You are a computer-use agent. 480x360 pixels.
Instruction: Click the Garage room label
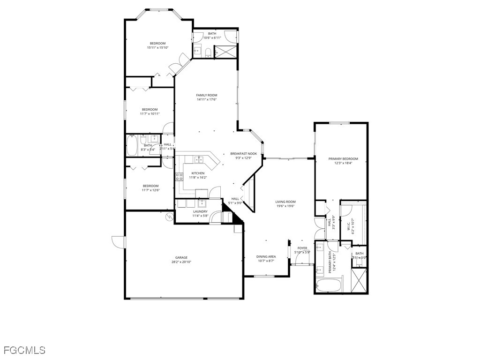click(x=181, y=257)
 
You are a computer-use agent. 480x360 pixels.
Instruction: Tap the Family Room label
click(x=207, y=95)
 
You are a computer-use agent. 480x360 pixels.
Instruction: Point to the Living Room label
click(x=285, y=202)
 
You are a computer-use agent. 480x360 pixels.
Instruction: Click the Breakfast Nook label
click(x=244, y=154)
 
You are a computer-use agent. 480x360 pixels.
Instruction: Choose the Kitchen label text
click(x=198, y=173)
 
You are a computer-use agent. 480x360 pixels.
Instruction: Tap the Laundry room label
click(x=200, y=211)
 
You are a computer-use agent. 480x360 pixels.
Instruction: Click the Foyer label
click(x=302, y=248)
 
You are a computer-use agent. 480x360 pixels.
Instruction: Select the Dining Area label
click(x=266, y=256)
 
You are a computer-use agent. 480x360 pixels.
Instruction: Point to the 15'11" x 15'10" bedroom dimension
click(x=157, y=47)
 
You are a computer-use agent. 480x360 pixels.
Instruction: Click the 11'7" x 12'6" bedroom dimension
click(x=150, y=190)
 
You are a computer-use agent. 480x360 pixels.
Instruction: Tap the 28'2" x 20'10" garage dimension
click(x=181, y=262)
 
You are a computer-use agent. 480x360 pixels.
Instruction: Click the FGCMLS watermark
click(x=24, y=350)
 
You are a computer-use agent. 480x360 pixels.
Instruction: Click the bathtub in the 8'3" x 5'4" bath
click(x=132, y=146)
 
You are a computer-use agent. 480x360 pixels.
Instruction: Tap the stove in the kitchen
click(x=179, y=177)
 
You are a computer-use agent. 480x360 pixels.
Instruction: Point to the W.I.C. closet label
click(x=348, y=227)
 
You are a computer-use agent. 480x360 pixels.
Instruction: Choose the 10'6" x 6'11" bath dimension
click(x=212, y=37)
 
